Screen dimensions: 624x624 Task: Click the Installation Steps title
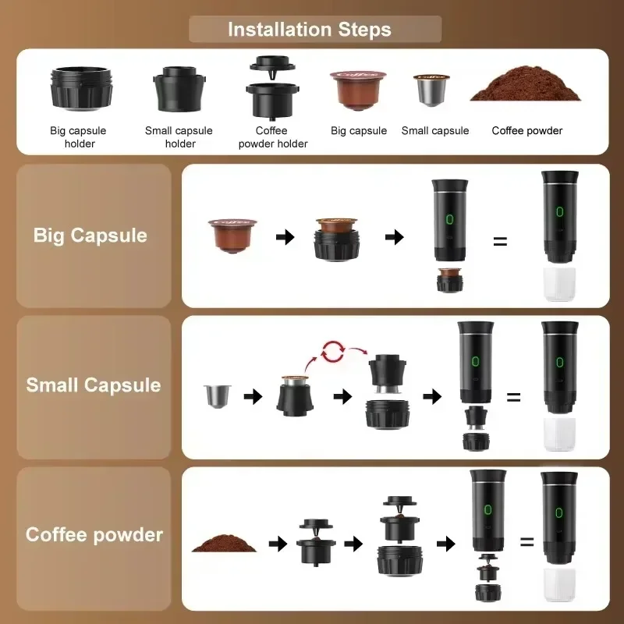[310, 30]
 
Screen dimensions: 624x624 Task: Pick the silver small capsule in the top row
[430, 92]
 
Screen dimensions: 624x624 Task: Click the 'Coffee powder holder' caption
[272, 137]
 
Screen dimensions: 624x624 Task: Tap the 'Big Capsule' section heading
[90, 236]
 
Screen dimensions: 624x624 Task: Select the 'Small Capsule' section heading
[93, 385]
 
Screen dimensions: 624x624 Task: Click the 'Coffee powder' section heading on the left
[94, 535]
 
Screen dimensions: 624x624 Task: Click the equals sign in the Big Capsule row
[500, 241]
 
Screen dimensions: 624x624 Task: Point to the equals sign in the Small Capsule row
[513, 397]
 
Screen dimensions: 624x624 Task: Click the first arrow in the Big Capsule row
[285, 236]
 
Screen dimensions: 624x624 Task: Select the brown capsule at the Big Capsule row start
[230, 233]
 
